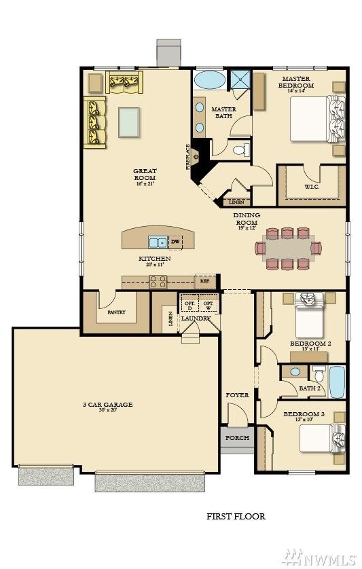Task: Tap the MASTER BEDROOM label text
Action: (300, 82)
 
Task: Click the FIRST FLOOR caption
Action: (236, 517)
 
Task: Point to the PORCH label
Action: (237, 438)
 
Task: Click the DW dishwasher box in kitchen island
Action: (175, 242)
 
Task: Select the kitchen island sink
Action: (158, 242)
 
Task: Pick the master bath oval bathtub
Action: (210, 81)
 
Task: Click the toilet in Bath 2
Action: (319, 375)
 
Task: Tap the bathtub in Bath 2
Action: (337, 382)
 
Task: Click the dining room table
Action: (289, 249)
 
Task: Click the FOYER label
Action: (237, 395)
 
